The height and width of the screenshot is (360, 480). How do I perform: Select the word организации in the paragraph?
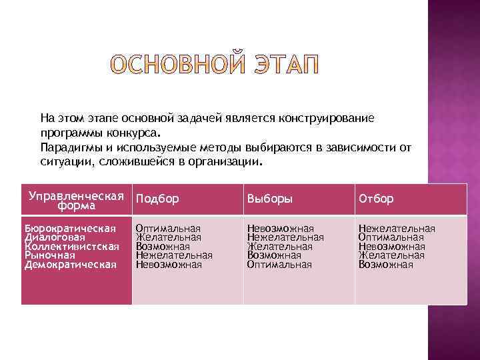coord(224,161)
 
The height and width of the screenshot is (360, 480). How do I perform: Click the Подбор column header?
coord(157,199)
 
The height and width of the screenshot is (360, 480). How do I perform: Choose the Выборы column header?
coord(270,199)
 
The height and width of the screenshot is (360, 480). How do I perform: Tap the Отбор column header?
coord(377,199)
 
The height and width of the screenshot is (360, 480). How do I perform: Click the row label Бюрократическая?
coord(70,229)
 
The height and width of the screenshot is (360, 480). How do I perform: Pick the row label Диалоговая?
coord(55,237)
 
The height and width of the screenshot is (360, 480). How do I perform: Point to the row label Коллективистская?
coord(71,247)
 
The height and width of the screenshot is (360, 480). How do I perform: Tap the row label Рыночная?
coord(50,255)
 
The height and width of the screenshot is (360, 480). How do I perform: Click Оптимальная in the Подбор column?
coord(168,229)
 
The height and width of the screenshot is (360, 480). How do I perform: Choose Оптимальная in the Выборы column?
coord(279,265)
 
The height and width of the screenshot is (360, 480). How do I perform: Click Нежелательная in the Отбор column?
coord(397,229)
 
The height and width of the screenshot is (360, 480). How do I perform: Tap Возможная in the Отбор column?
coord(386,265)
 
